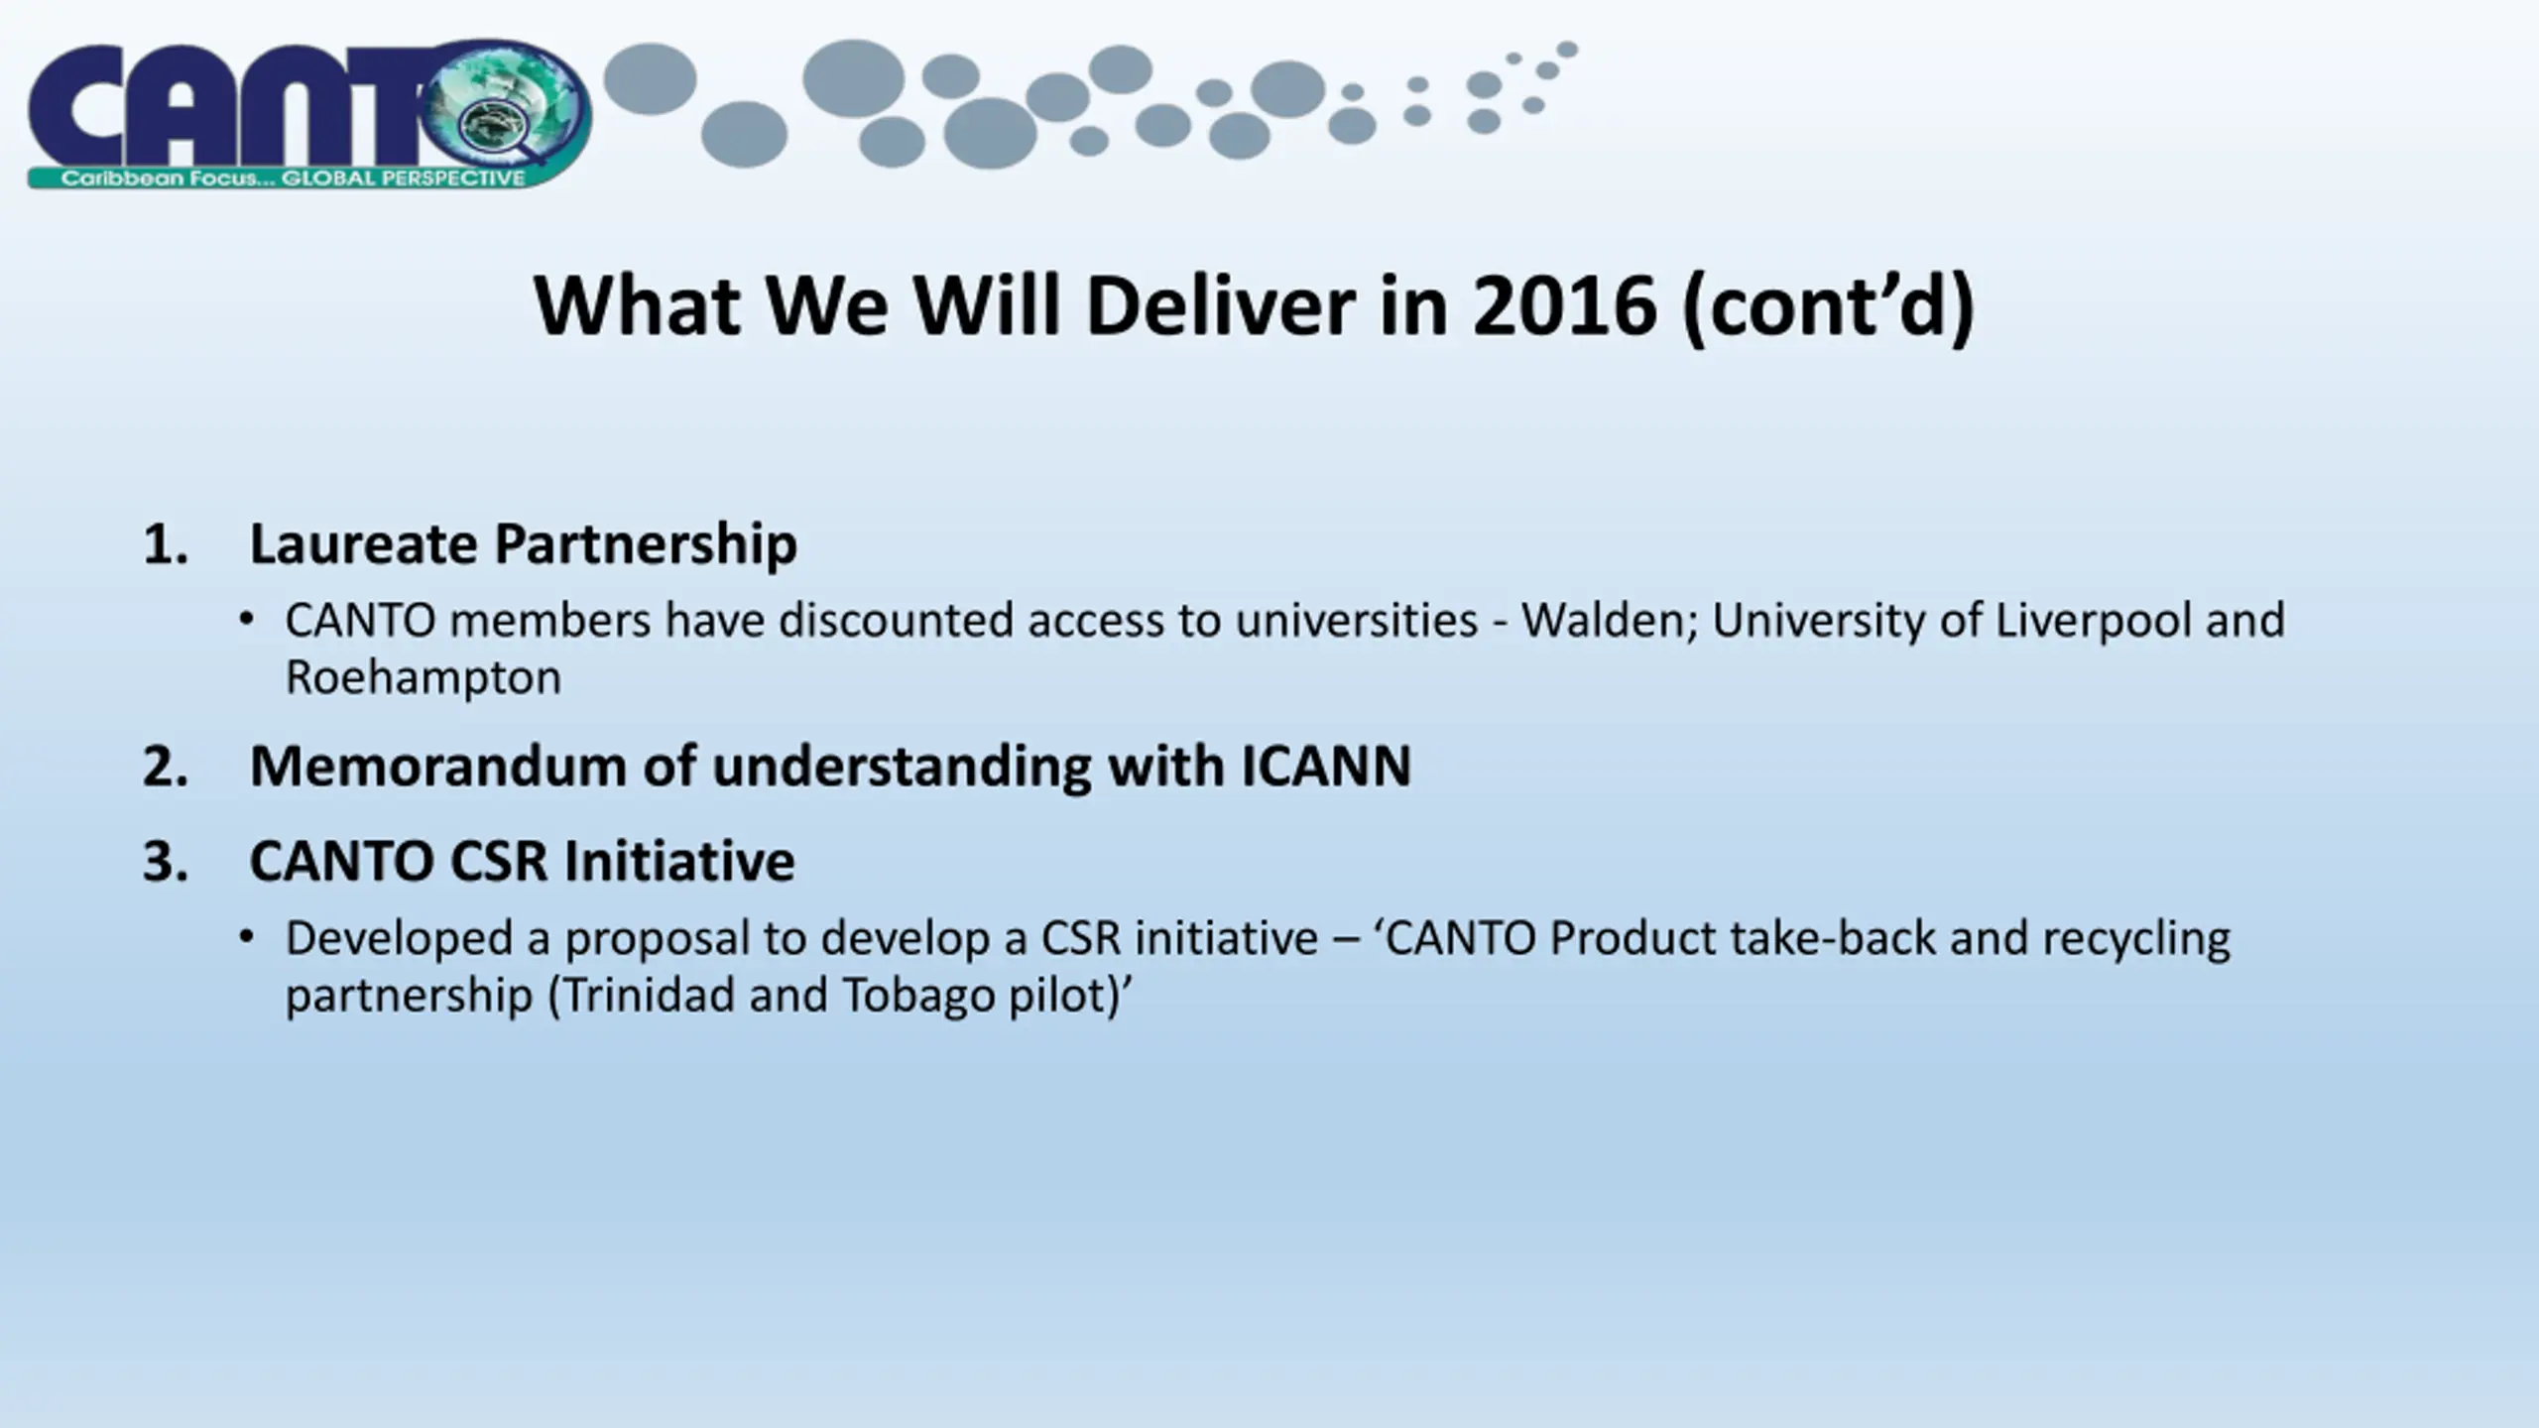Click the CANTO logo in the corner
tap(309, 115)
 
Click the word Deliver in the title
tap(1220, 305)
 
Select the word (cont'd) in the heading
tap(1829, 307)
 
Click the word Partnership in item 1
tap(646, 545)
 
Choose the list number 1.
tap(165, 544)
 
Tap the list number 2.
tap(165, 767)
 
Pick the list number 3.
tap(165, 861)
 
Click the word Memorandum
tap(437, 767)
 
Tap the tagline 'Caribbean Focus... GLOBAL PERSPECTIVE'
tap(294, 178)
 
